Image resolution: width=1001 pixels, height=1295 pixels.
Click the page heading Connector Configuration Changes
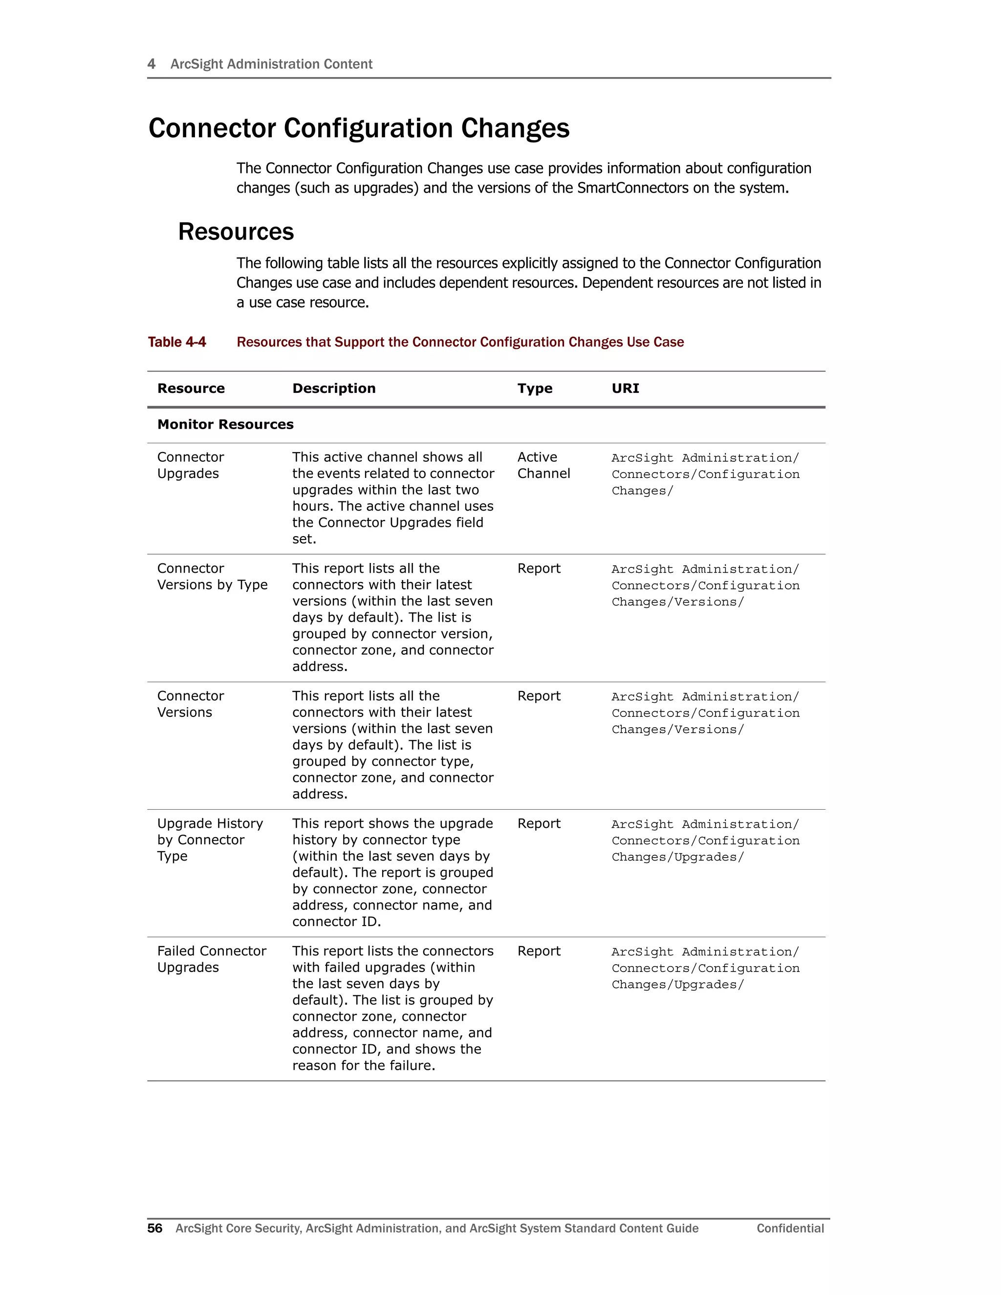pos(358,128)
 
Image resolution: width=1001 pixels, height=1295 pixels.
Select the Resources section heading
pos(236,231)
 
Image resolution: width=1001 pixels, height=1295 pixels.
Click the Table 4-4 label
pos(177,342)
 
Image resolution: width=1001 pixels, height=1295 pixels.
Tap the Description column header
pos(333,388)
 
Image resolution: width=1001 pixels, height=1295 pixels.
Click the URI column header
pos(625,388)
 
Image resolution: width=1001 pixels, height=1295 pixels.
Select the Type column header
pos(534,388)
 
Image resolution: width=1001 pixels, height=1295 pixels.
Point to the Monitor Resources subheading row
pos(225,425)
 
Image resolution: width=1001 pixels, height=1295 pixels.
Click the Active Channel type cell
pos(543,465)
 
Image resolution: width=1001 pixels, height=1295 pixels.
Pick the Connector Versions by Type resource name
pos(212,576)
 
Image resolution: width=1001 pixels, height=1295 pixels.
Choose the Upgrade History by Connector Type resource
pos(209,840)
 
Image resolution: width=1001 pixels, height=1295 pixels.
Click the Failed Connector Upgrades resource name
pos(211,959)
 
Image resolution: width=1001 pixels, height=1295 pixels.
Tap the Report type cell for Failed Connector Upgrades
pos(539,951)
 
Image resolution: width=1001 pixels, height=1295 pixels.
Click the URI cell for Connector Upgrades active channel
pos(705,475)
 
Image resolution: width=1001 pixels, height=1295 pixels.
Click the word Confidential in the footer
pos(790,1228)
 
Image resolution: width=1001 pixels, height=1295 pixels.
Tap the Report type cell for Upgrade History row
pos(539,823)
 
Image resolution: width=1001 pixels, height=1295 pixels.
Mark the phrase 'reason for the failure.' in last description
pos(364,1065)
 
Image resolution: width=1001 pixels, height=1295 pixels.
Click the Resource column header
pos(191,388)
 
